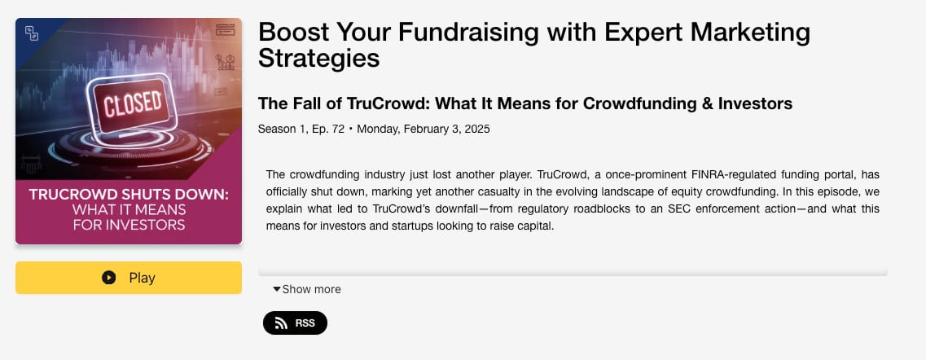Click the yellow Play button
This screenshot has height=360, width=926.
click(129, 278)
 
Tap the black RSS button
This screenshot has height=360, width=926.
click(295, 323)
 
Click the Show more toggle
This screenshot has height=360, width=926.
click(306, 289)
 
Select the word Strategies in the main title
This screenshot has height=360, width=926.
click(319, 58)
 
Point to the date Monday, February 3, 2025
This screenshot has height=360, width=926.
click(424, 129)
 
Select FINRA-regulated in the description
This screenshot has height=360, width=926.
click(725, 174)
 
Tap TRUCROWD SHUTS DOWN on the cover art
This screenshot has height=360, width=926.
click(129, 194)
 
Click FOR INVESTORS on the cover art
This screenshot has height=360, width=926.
click(129, 225)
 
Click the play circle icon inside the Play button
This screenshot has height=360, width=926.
click(108, 278)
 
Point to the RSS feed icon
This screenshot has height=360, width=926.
click(281, 323)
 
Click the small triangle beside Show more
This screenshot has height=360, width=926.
click(276, 289)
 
